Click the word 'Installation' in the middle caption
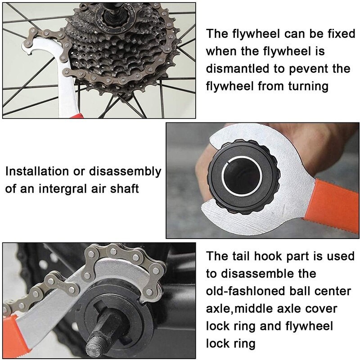[37, 171]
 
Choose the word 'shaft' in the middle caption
[125, 189]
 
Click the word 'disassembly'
[126, 172]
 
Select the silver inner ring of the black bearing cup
[242, 176]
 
